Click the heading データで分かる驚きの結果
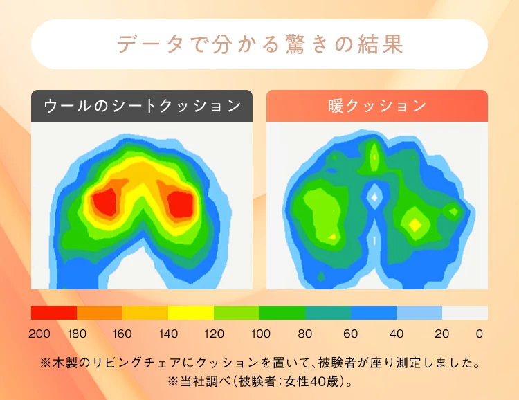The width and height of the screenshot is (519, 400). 260,44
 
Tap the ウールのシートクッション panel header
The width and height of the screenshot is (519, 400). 142,106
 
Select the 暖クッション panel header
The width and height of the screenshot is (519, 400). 377,106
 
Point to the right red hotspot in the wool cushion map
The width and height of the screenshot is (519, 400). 180,203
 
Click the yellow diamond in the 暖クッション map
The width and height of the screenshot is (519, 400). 415,225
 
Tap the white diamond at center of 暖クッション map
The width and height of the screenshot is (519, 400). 374,197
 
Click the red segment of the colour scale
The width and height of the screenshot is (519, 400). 54,313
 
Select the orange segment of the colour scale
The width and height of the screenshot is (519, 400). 100,313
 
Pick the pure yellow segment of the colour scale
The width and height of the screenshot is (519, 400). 191,313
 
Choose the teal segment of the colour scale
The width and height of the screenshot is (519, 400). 328,313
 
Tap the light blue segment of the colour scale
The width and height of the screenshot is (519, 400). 419,313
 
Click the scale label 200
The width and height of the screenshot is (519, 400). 39,334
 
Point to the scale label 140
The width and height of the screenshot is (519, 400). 168,334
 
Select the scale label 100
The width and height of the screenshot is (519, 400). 261,334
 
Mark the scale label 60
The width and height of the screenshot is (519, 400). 351,334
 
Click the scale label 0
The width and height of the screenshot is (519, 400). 480,334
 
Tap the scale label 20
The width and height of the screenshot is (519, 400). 442,334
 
